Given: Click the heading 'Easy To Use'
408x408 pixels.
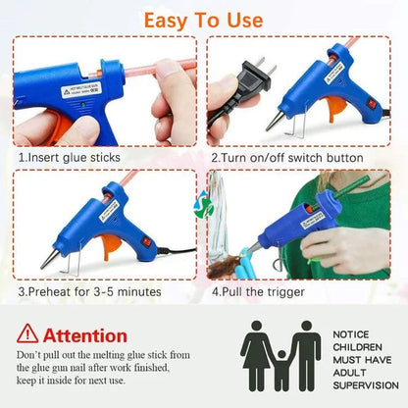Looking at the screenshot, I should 203,20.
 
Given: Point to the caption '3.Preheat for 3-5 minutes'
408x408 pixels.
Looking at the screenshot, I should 90,291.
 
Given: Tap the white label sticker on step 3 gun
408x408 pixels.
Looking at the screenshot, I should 102,209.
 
